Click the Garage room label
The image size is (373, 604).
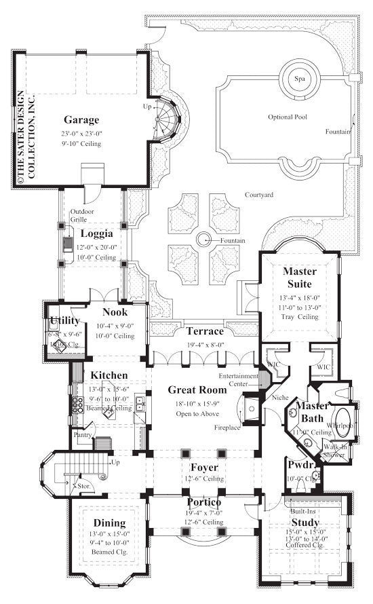pyautogui.click(x=82, y=120)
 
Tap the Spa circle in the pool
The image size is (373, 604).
pyautogui.click(x=299, y=79)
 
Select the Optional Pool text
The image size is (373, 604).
pyautogui.click(x=287, y=117)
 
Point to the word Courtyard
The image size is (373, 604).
pyautogui.click(x=259, y=195)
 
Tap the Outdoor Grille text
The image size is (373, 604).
pyautogui.click(x=83, y=215)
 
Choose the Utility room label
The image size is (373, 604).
pyautogui.click(x=64, y=320)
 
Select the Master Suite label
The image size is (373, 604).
pyautogui.click(x=299, y=278)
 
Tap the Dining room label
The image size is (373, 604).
pyautogui.click(x=109, y=523)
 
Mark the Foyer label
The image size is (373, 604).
pyautogui.click(x=203, y=467)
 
